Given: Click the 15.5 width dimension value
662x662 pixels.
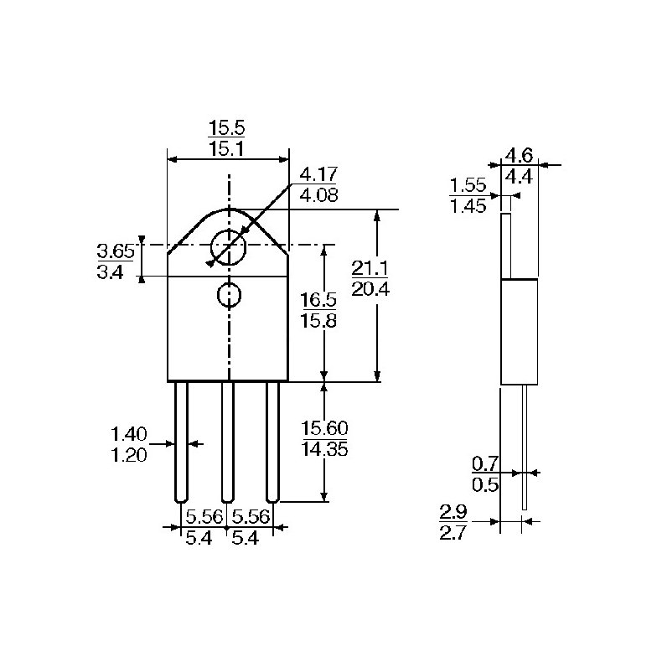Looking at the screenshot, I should point(226,129).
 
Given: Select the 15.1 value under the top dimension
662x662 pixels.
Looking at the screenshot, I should point(226,149).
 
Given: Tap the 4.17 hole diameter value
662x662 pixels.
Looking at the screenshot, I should point(318,175).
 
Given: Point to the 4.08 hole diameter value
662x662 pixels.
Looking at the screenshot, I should point(318,194).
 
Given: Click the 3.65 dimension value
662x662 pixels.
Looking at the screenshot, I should point(116,251).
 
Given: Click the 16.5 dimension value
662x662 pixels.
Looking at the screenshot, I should point(318,299).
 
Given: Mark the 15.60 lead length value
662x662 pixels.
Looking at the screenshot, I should point(323,428).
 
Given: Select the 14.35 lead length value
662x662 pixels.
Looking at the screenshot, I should point(323,448).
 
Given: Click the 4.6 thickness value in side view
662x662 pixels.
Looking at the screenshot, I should point(519,155).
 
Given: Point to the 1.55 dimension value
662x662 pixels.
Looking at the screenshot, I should point(468,185).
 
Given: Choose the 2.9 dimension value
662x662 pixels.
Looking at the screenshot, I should point(453,511).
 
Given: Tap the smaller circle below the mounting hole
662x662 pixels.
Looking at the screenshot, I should point(229,294).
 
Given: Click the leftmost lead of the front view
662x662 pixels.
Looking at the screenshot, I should point(182,441).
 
